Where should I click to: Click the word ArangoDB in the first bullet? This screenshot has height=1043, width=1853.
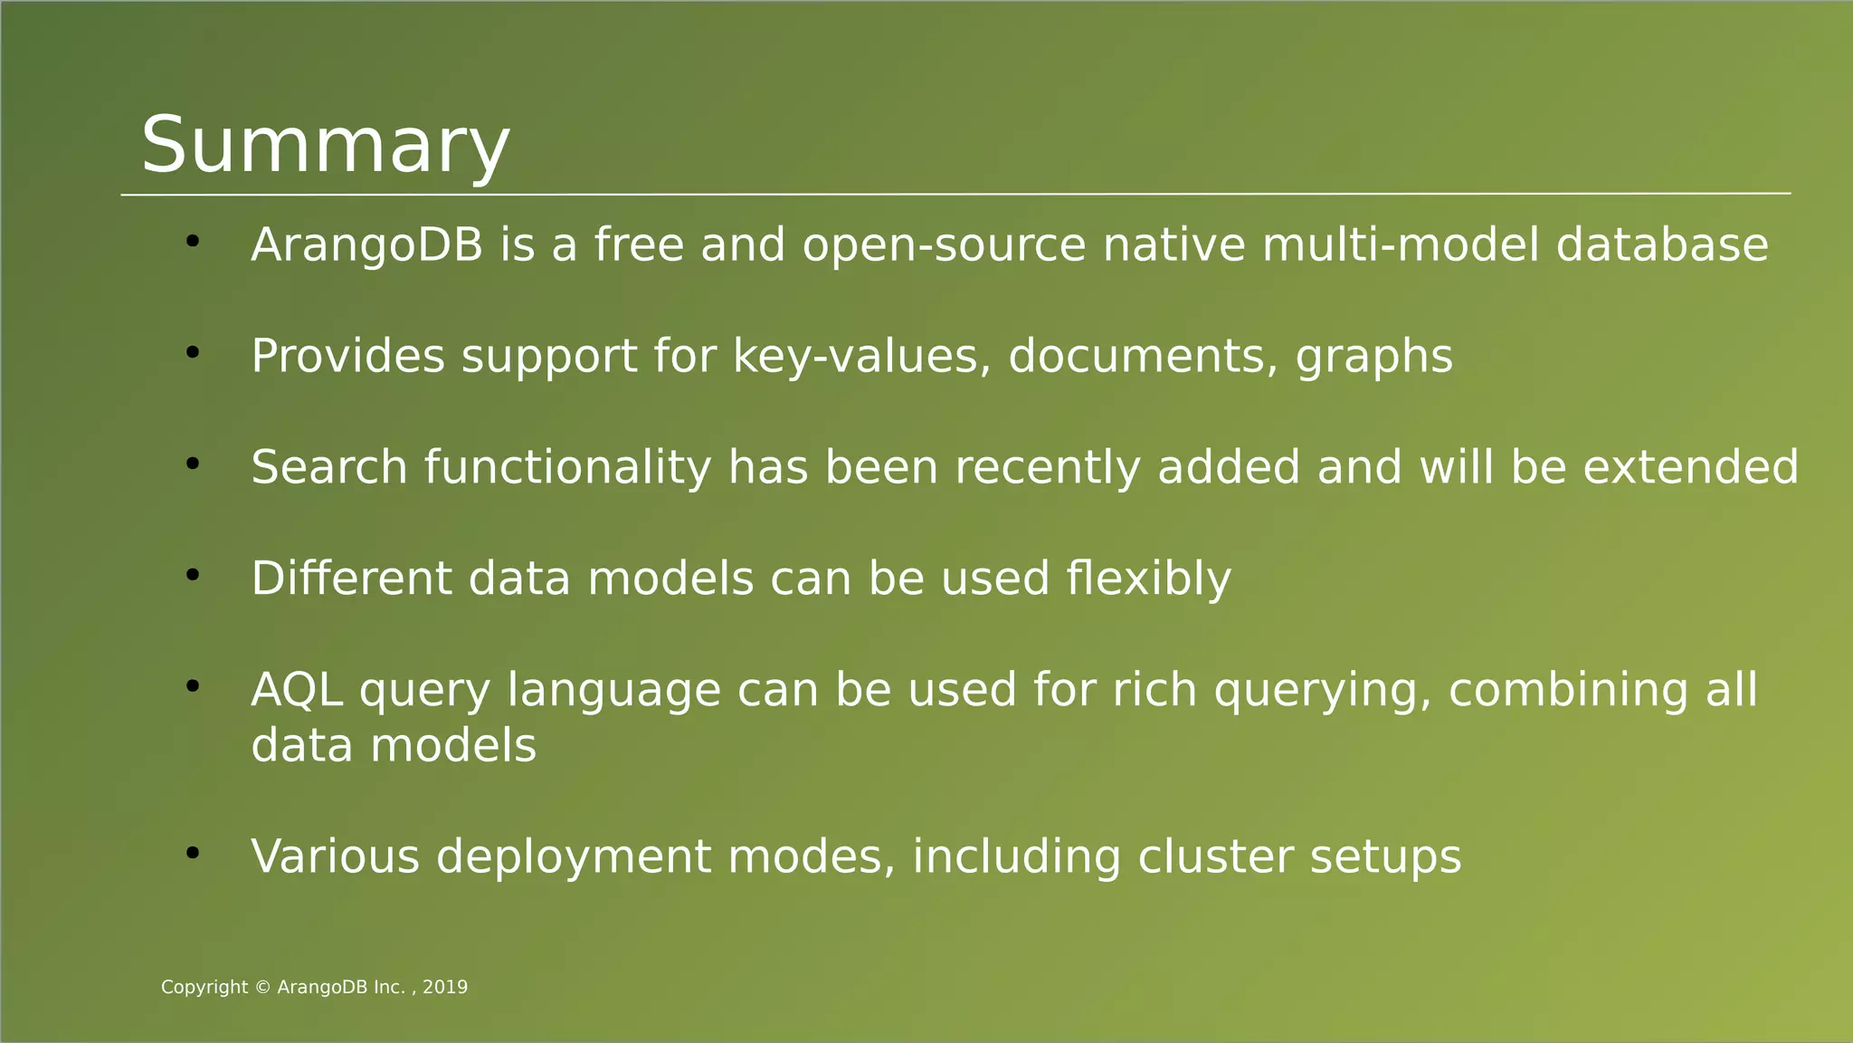[366, 245]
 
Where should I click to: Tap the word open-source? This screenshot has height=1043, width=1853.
[944, 245]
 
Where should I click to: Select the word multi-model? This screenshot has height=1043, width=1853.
[1400, 245]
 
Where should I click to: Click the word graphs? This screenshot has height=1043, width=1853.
[1374, 358]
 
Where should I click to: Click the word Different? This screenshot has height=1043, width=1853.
[351, 579]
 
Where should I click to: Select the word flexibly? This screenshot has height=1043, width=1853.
[1148, 579]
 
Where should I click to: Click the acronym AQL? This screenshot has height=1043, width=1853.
[297, 691]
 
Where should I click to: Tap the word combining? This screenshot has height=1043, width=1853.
[1568, 691]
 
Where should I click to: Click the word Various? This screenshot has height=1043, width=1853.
[335, 856]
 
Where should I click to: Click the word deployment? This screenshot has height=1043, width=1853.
[574, 858]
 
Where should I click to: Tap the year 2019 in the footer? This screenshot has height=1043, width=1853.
[445, 988]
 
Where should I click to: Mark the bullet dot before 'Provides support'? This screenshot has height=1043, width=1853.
[192, 353]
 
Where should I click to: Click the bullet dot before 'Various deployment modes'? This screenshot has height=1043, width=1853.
[192, 853]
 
